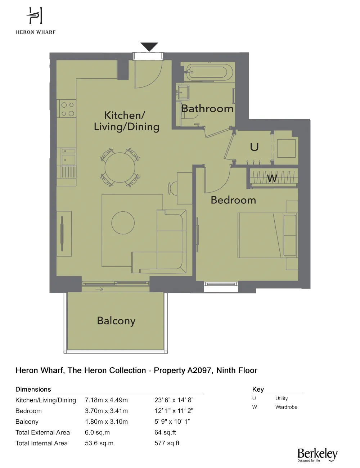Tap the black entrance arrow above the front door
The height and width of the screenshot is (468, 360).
(149, 46)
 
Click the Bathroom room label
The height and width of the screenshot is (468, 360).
(207, 108)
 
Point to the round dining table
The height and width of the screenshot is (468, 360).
(120, 168)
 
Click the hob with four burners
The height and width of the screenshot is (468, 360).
(68, 109)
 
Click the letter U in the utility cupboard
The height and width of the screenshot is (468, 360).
(254, 147)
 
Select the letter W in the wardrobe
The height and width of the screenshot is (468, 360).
(272, 178)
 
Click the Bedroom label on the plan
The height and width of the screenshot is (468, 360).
(233, 200)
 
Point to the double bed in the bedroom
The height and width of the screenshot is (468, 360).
(267, 235)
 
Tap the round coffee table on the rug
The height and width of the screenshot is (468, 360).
(123, 223)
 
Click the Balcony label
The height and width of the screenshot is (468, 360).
(116, 321)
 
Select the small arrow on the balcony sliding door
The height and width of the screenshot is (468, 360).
(99, 289)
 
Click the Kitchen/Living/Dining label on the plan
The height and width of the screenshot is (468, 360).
(126, 121)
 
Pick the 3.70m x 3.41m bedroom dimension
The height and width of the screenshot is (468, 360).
(106, 411)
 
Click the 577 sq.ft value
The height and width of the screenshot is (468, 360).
(167, 443)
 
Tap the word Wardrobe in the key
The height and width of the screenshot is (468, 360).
(286, 407)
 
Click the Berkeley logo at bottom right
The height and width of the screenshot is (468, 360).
(317, 455)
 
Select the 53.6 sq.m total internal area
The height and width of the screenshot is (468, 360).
(99, 443)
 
